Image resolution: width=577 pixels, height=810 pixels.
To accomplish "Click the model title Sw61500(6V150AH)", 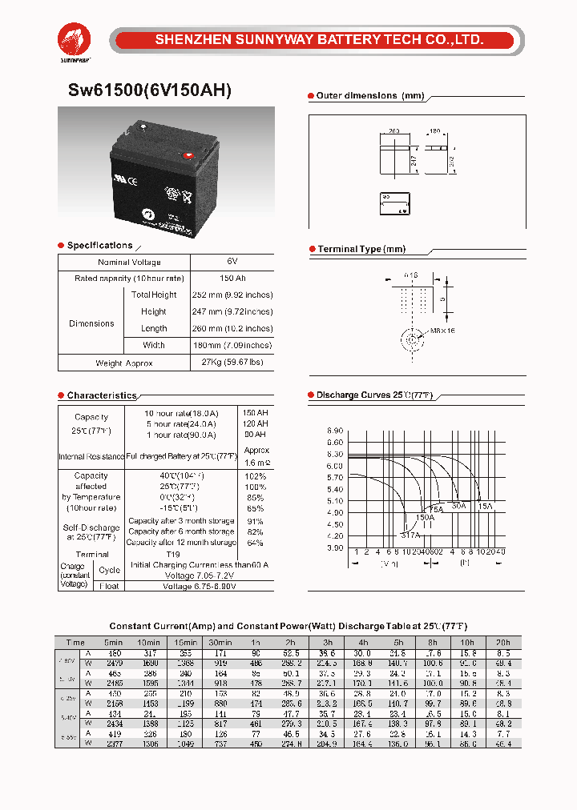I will (x=144, y=90).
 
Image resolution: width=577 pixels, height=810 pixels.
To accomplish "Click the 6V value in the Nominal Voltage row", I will (x=232, y=262).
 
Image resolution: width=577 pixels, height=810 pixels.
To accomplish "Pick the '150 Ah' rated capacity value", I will (x=232, y=278).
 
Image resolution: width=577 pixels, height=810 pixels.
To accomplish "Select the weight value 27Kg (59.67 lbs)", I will (x=232, y=363).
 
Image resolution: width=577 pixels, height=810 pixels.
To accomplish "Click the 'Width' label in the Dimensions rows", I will (x=154, y=345).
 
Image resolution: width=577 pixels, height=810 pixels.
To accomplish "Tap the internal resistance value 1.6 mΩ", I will (x=256, y=463).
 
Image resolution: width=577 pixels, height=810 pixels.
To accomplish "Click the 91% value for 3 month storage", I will (x=256, y=521).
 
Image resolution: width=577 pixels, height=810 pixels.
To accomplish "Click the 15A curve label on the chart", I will (x=485, y=506).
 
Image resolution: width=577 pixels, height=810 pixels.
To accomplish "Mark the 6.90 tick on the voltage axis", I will (x=335, y=431).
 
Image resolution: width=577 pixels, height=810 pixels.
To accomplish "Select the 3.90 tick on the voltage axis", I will (x=335, y=547).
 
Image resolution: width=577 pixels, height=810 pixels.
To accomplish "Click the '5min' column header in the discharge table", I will (x=112, y=643).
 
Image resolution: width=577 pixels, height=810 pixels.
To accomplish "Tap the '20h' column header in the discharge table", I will (x=502, y=643).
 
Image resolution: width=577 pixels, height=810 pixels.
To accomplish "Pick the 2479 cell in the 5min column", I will (x=112, y=664).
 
